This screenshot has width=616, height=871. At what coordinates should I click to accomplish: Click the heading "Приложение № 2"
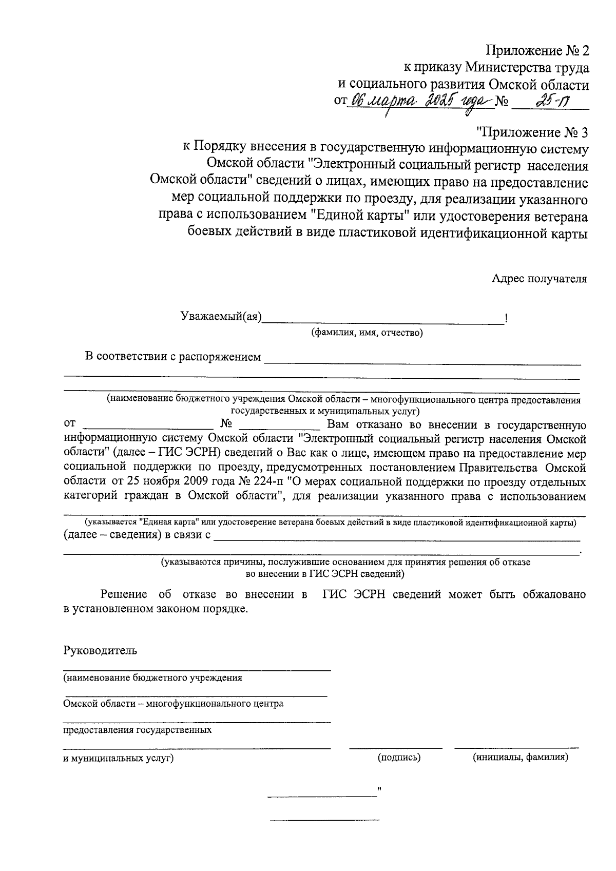(x=537, y=51)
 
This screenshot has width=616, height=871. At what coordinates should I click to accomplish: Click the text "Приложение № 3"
(x=532, y=132)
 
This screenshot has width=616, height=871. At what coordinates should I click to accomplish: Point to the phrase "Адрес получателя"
(x=539, y=279)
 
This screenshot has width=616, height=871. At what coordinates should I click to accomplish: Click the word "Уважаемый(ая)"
(x=221, y=317)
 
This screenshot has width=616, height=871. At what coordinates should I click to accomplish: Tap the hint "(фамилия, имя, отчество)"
(x=367, y=333)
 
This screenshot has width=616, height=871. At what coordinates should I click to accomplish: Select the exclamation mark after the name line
(x=507, y=318)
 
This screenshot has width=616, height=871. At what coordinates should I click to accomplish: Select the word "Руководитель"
(x=100, y=651)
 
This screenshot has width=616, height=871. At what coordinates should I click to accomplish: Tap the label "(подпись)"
(x=399, y=757)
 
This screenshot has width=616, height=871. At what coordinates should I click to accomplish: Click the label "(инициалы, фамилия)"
(x=520, y=757)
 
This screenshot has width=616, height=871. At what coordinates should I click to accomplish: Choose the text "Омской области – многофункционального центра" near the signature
(x=173, y=704)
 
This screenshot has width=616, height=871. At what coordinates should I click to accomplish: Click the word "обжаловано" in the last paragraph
(x=554, y=594)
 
